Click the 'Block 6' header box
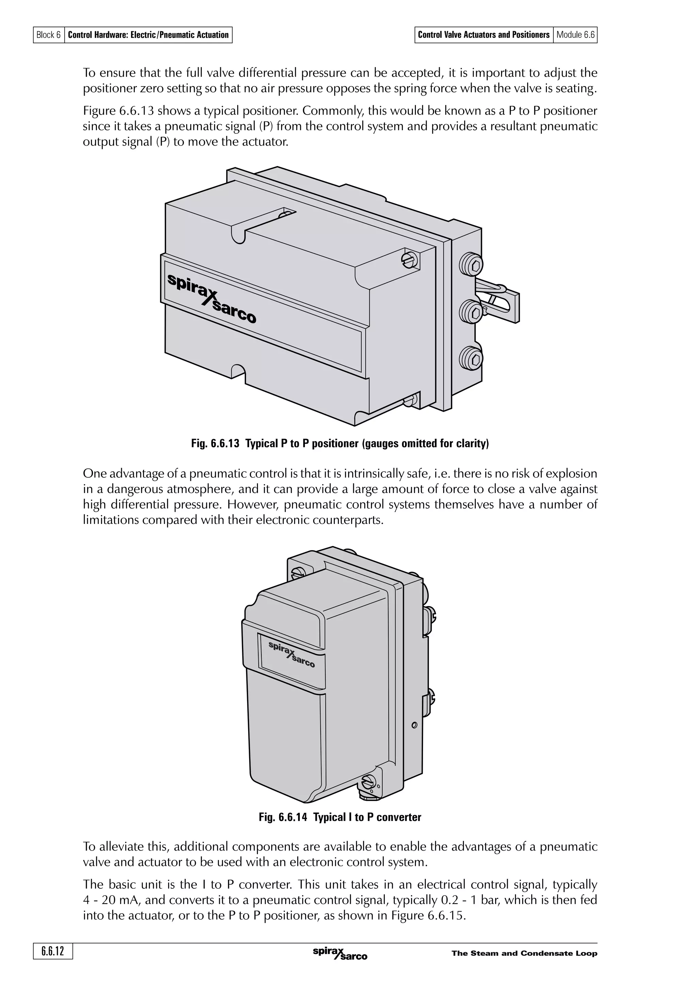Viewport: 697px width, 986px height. [x=49, y=35]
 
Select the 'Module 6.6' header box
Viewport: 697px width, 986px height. [x=575, y=35]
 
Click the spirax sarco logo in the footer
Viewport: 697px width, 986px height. [x=340, y=953]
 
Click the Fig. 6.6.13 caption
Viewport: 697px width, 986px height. [x=340, y=444]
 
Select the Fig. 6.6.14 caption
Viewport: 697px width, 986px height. [x=340, y=817]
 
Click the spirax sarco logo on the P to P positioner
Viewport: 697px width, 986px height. [x=212, y=298]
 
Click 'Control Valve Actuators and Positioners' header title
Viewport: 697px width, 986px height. [x=484, y=35]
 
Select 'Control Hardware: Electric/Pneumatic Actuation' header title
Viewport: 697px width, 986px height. [x=148, y=35]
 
